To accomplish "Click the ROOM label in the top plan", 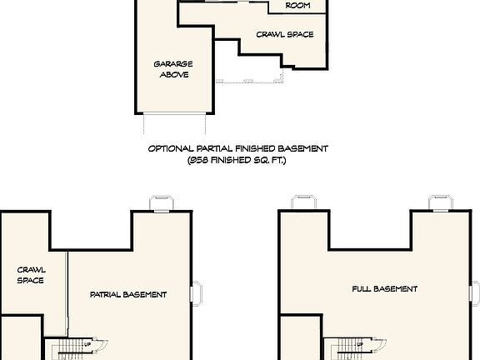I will [297, 6].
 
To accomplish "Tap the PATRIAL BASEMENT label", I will [128, 294].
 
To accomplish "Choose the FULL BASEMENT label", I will [384, 289].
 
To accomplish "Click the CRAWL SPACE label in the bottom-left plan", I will [31, 275].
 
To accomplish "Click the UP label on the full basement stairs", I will [360, 343].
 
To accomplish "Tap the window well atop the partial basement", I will [161, 203].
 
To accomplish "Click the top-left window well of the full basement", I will [301, 203].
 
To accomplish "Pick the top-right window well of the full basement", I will [440, 203].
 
